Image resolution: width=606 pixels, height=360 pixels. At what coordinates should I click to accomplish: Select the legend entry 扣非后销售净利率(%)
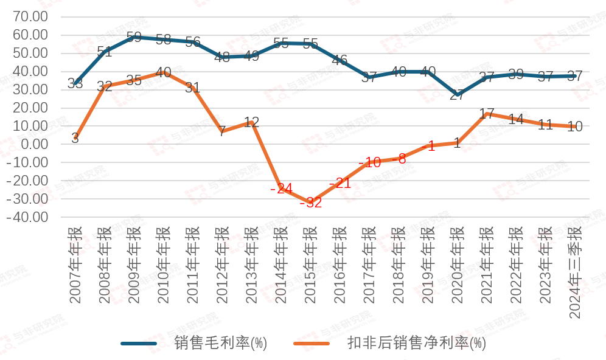pos(417,343)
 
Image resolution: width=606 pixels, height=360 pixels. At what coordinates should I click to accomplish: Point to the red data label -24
pos(281,189)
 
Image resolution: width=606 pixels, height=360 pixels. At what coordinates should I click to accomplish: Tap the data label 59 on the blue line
pos(134,37)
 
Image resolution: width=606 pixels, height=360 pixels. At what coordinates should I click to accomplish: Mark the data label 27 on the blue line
pos(458,94)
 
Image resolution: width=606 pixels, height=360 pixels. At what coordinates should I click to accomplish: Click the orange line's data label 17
pos(487,114)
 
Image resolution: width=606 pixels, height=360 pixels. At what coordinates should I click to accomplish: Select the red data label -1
pos(428,147)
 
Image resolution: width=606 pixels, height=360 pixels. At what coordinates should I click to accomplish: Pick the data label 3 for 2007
pos(75,139)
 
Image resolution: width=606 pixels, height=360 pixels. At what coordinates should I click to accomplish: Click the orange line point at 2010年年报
pos(163,72)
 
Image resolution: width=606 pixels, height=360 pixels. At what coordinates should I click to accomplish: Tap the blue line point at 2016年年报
pos(340,61)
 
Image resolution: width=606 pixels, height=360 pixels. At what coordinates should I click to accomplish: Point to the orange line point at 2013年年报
pos(251,122)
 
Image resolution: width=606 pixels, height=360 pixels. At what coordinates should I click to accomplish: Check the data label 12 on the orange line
pos(251,122)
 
